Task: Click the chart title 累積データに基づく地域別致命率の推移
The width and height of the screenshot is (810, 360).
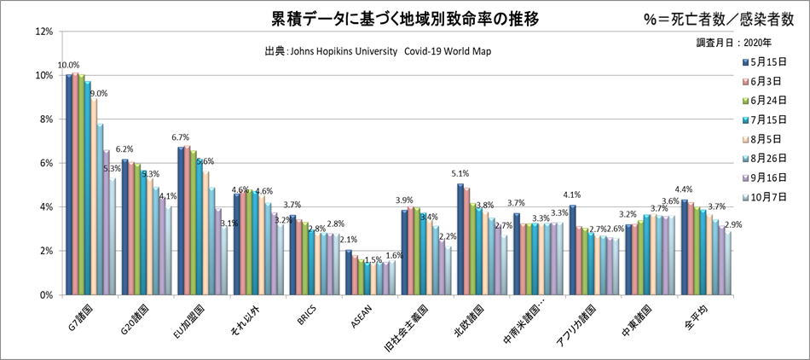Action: point(404,18)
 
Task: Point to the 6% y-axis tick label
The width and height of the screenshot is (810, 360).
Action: point(45,163)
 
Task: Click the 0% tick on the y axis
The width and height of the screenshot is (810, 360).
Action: point(45,294)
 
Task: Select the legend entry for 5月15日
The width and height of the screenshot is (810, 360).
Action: point(764,62)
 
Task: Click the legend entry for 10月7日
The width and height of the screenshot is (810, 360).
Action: point(764,196)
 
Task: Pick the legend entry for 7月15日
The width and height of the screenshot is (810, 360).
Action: point(764,119)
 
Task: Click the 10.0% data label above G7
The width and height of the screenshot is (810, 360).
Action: point(68,65)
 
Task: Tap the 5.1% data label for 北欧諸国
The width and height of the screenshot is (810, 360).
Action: point(460,174)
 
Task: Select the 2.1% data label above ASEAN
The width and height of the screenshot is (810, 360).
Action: point(349,240)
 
